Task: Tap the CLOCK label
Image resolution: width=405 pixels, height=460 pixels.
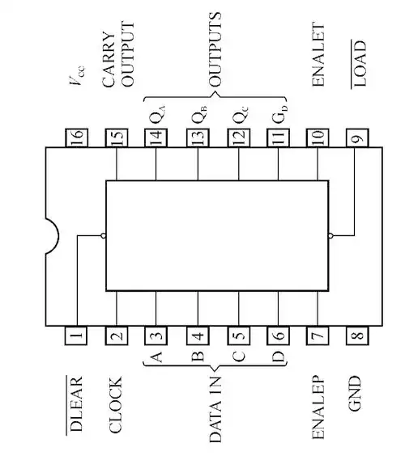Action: pyautogui.click(x=116, y=404)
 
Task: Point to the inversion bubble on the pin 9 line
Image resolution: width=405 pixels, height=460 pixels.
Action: pyautogui.click(x=331, y=235)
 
